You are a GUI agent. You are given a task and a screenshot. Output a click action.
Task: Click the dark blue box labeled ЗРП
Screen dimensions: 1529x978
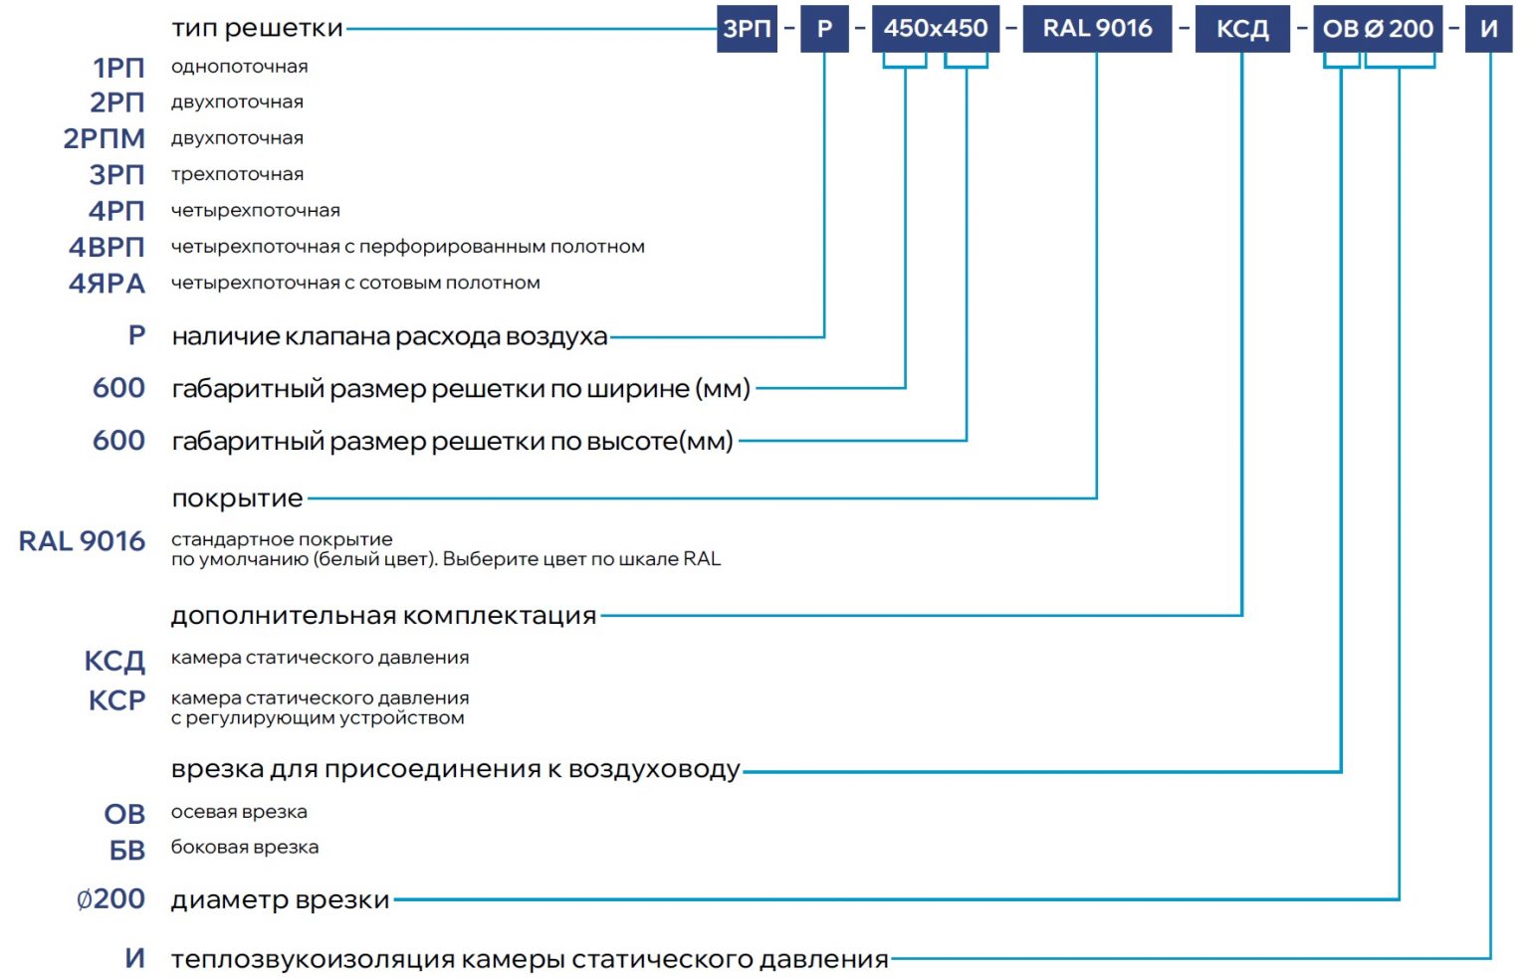[747, 29]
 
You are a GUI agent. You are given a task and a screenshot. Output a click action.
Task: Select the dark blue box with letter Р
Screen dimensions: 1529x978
[824, 29]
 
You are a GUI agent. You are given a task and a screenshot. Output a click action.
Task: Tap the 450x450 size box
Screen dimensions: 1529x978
[936, 29]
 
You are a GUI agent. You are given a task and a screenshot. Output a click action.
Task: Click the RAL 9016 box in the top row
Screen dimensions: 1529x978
[1098, 29]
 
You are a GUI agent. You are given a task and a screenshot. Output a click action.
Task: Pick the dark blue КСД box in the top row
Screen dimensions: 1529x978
[1243, 29]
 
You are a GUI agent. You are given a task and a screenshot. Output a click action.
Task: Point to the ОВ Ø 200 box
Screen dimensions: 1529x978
[1378, 29]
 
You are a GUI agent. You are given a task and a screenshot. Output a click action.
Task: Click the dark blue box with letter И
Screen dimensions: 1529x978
[1489, 29]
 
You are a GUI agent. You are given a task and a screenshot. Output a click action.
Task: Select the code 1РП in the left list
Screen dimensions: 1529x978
[118, 69]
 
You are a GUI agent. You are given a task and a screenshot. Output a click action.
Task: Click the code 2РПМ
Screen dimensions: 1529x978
[105, 138]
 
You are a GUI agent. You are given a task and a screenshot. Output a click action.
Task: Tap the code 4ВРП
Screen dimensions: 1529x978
[107, 247]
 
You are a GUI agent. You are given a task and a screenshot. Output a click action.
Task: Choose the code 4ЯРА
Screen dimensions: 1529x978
[107, 283]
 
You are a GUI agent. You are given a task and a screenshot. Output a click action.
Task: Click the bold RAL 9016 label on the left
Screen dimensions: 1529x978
[82, 541]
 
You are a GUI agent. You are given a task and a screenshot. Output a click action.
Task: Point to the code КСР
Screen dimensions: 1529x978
[116, 700]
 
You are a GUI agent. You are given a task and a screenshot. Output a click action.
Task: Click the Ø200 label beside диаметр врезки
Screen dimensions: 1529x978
[110, 898]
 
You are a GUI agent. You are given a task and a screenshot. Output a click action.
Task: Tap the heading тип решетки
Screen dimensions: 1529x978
[257, 28]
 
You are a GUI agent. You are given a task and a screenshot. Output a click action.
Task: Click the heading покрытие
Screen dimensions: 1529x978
[237, 498]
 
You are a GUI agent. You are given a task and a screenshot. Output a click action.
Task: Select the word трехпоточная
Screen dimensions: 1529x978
[237, 174]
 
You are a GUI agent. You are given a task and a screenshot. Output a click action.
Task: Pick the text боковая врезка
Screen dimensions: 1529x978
[244, 847]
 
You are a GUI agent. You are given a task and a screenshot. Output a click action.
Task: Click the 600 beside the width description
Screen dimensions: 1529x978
[118, 388]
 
